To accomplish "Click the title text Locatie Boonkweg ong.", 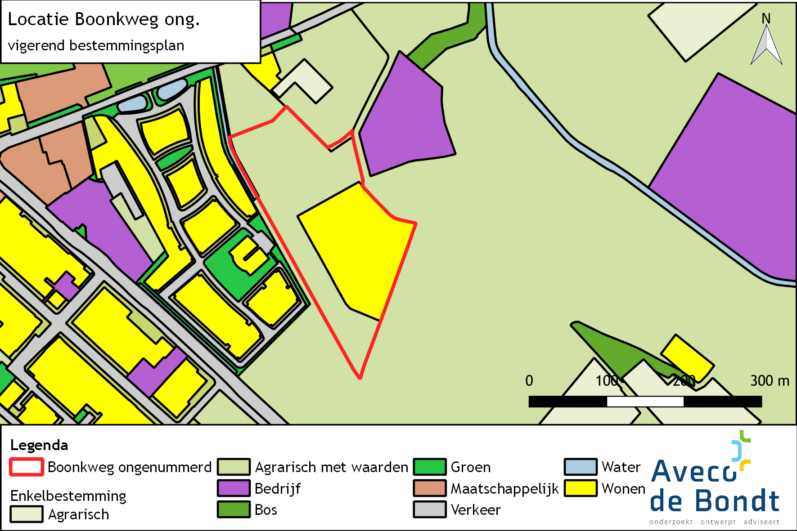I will tap(104, 20).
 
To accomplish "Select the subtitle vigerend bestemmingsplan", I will tap(96, 45).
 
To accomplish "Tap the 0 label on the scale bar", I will tap(529, 381).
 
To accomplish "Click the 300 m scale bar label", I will tap(770, 381).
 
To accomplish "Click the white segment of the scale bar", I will tap(645, 402).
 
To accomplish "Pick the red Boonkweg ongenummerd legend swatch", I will tap(27, 467).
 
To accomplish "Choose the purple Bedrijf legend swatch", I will tap(234, 488).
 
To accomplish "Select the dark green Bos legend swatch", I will tap(234, 509).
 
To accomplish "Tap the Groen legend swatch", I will tap(430, 467).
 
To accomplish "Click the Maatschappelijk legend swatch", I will tap(430, 488).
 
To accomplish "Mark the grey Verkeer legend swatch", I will tap(430, 509).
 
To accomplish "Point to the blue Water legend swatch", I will tap(581, 467).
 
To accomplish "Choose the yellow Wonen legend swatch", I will tap(581, 488).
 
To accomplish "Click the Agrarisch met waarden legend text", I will tap(331, 467).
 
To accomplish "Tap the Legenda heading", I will tap(39, 445).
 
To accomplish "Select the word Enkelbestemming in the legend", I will tap(68, 495).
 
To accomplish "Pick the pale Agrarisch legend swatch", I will tap(27, 514).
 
